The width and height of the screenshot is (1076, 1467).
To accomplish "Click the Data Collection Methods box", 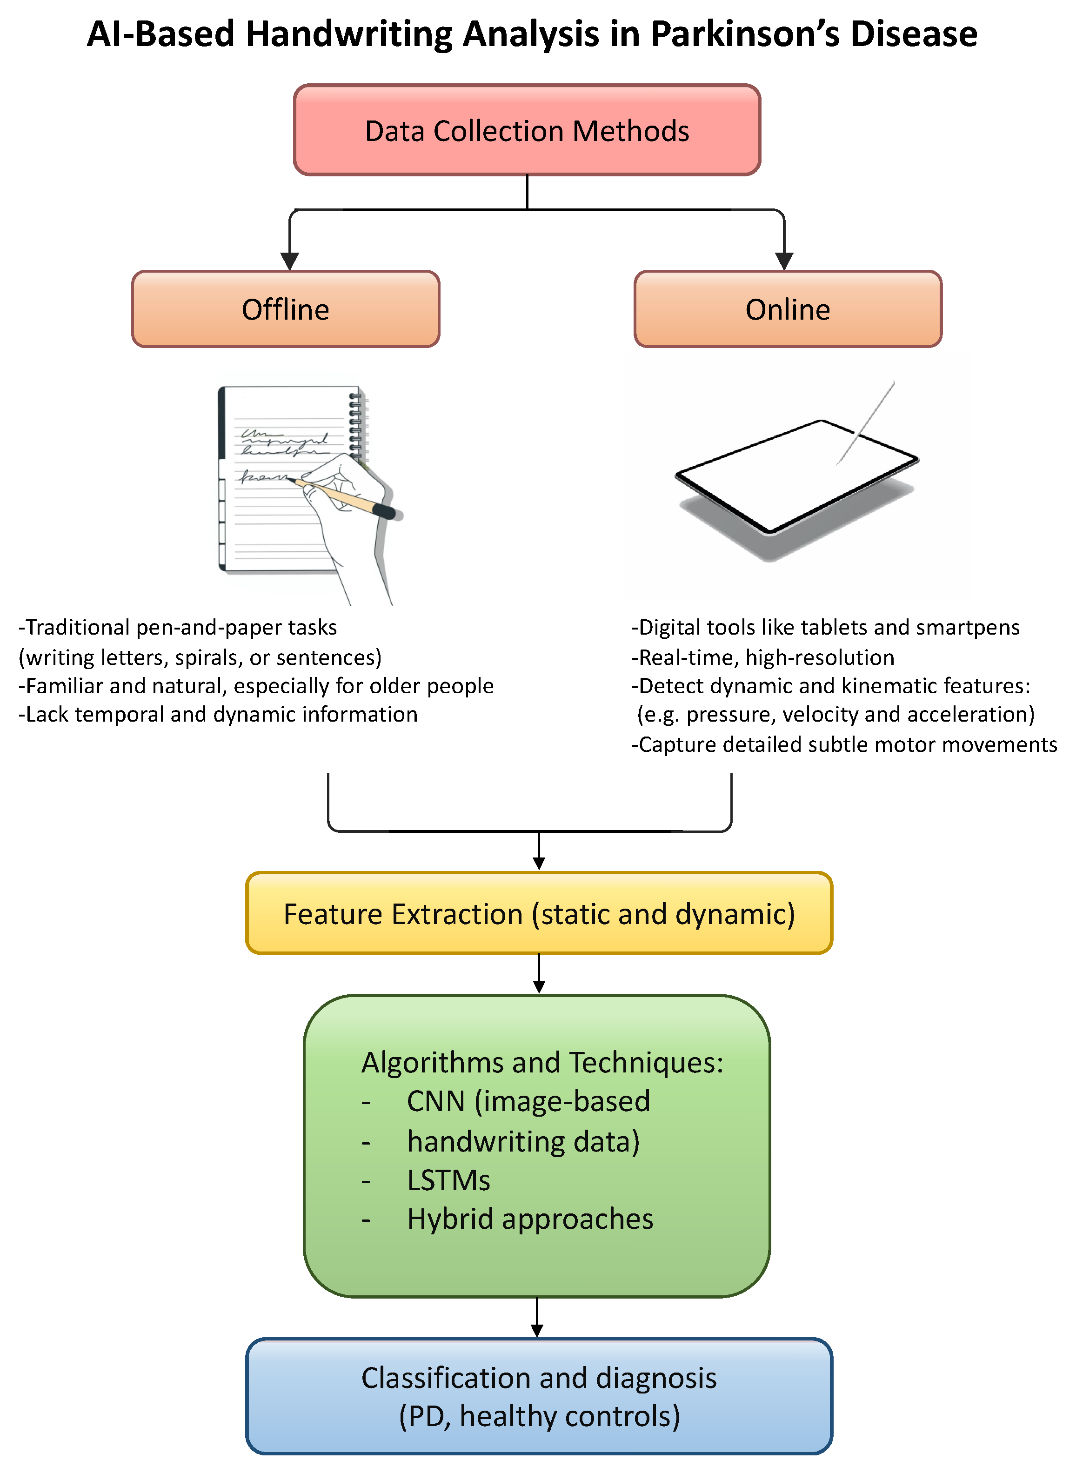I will coord(527,130).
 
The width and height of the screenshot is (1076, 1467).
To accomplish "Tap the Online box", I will coord(788,309).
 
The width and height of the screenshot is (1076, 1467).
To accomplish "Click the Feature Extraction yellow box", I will coord(539,913).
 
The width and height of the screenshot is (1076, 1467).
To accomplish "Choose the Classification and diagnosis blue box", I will coord(539,1396).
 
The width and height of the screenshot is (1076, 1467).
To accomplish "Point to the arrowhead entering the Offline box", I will coord(289,261).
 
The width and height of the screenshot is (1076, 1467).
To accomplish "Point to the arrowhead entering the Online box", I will coord(784,261).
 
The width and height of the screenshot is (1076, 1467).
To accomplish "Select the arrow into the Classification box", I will coord(537,1319).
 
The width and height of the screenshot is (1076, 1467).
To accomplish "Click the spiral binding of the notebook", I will coord(355,423).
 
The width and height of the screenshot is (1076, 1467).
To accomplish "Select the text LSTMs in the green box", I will coord(448,1180).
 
